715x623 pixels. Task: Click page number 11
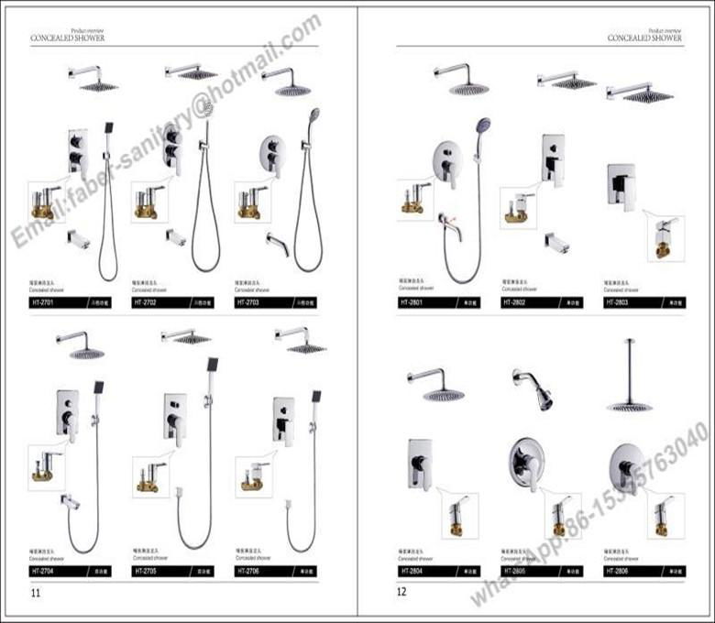36,593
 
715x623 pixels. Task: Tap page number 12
401,593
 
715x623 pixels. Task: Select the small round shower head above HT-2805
543,397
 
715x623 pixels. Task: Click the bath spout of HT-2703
278,245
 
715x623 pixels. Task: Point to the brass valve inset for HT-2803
665,239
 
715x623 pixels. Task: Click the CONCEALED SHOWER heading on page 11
67,38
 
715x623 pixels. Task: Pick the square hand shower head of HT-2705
213,364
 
